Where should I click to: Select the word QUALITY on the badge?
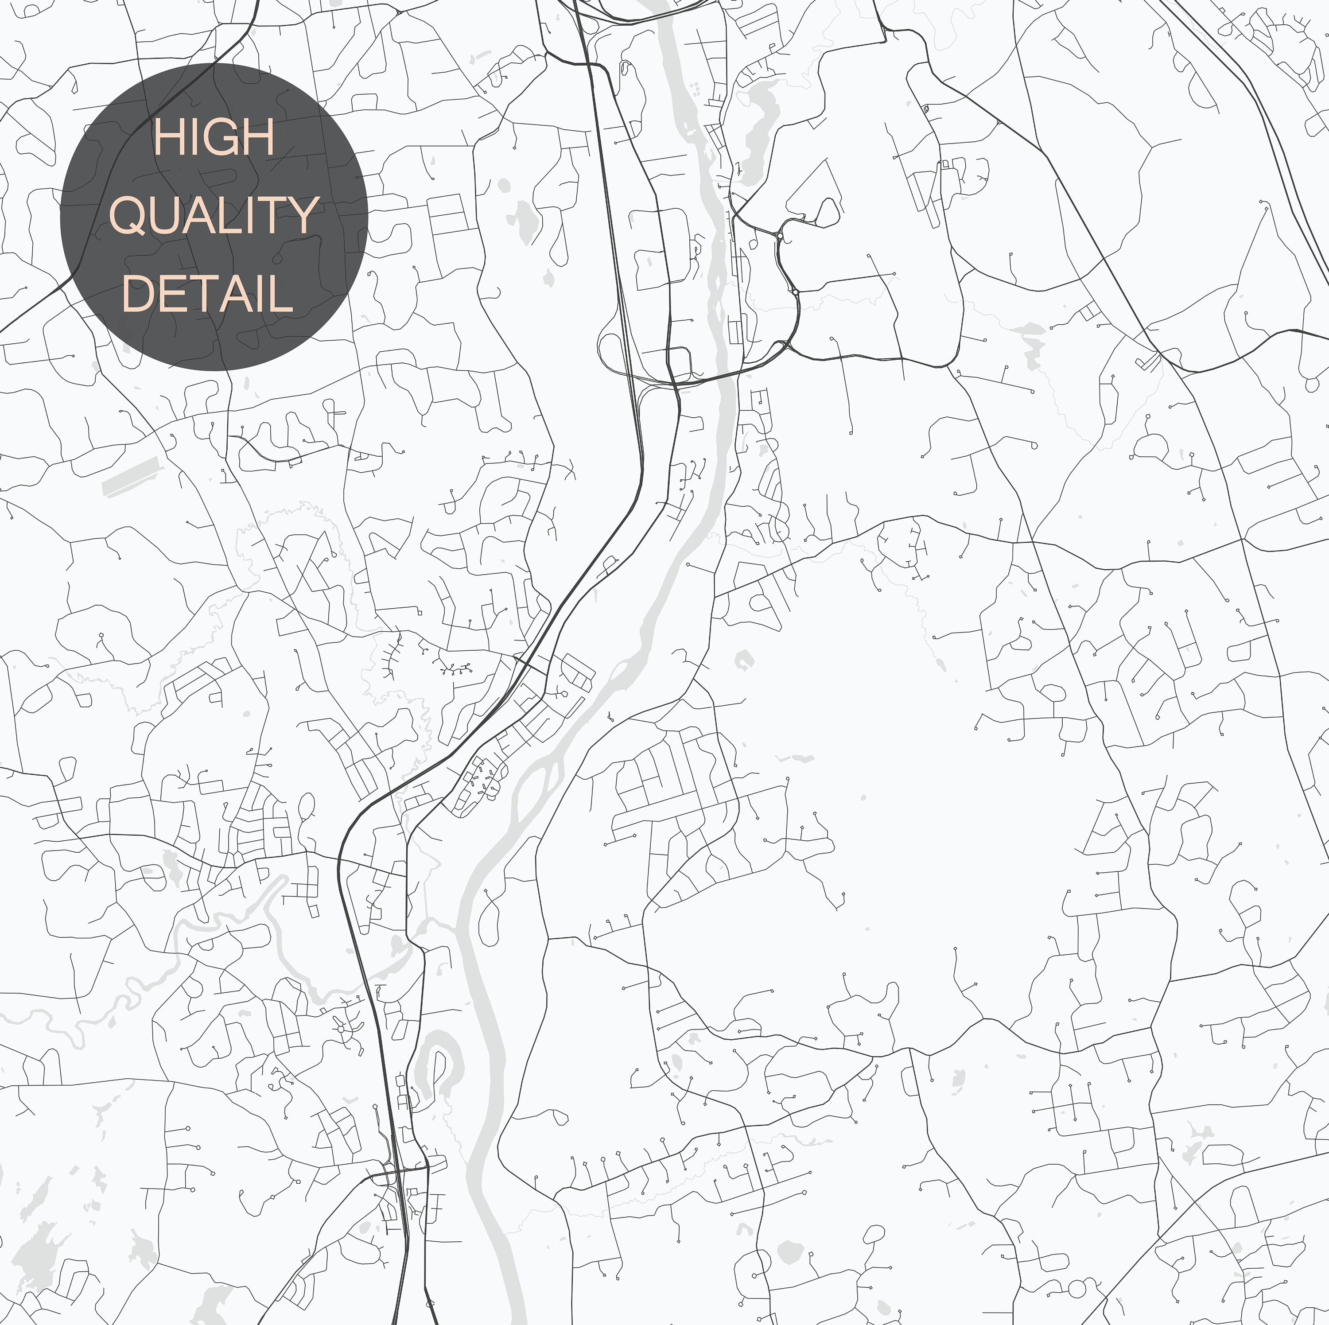[214, 215]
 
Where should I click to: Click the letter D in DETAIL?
[138, 293]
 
